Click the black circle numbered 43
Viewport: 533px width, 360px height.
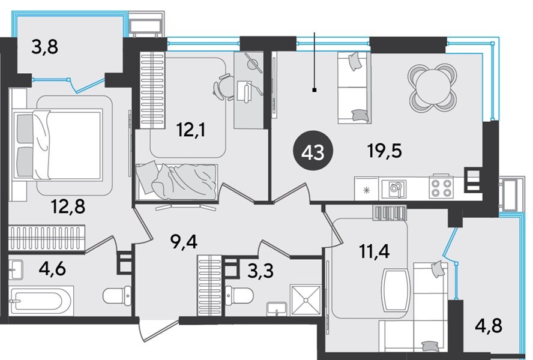click(313, 152)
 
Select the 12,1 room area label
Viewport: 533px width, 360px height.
click(191, 130)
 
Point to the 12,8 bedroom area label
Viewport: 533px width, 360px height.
click(68, 206)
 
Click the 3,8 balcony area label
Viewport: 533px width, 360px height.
click(45, 47)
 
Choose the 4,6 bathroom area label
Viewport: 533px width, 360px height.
click(52, 269)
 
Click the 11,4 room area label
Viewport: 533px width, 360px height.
click(375, 251)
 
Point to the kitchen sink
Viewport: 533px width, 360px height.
click(394, 188)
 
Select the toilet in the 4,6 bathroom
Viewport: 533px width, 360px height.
click(117, 296)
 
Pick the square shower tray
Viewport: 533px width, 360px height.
click(306, 300)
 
